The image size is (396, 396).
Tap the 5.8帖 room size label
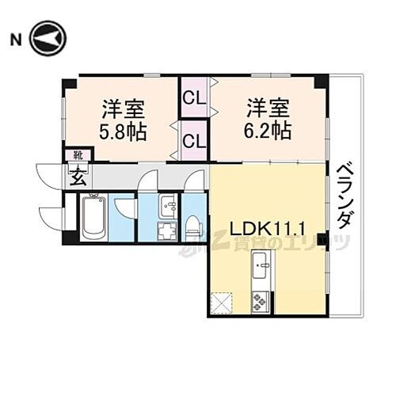click(123, 131)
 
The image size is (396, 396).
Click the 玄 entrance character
click(79, 176)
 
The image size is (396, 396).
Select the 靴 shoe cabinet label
click(78, 155)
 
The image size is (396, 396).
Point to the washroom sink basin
click(168, 205)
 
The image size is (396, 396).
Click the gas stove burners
click(260, 302)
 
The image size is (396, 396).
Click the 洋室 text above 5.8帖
click(123, 107)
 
